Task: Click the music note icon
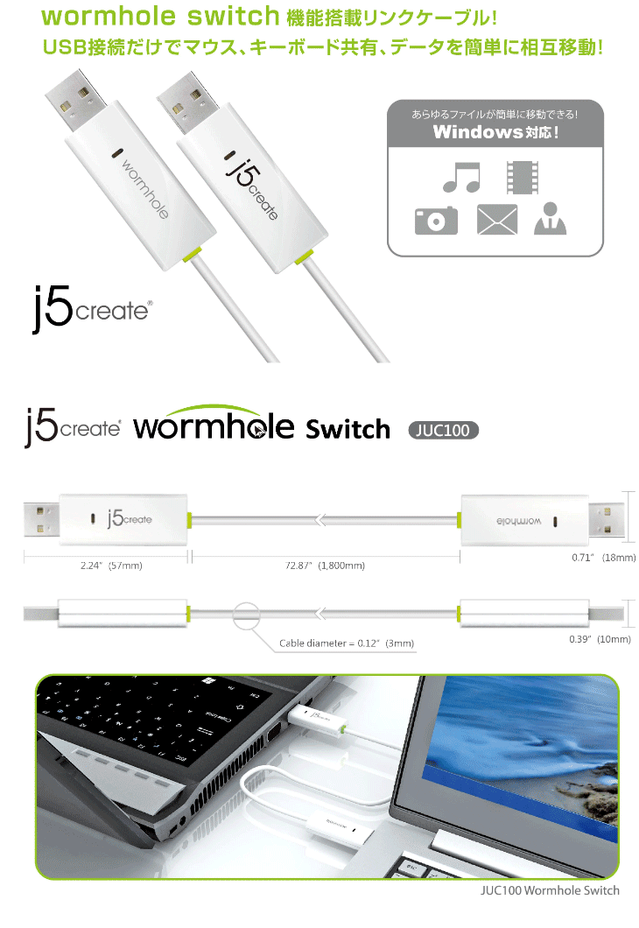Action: (461, 177)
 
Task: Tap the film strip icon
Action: (523, 177)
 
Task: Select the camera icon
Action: (436, 220)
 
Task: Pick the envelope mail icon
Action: (497, 220)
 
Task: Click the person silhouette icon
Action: (550, 219)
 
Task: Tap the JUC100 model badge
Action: (443, 431)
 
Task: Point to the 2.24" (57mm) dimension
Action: (105, 566)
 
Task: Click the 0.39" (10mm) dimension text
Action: (599, 640)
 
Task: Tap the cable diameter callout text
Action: (347, 643)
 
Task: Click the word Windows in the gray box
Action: (477, 133)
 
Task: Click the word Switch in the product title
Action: (348, 429)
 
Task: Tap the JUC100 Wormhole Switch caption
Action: (550, 890)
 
